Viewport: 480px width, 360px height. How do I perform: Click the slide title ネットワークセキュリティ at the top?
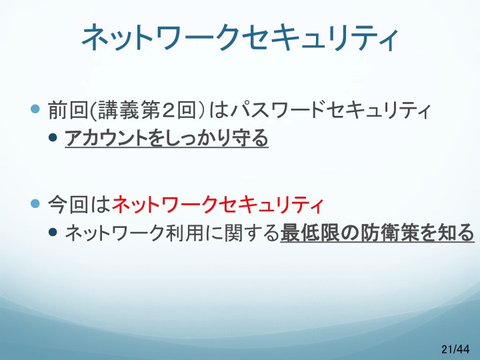pyautogui.click(x=240, y=37)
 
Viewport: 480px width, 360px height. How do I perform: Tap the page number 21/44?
pyautogui.click(x=455, y=349)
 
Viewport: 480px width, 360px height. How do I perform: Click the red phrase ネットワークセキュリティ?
pyautogui.click(x=217, y=204)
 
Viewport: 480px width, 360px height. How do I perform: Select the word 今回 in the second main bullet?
pyautogui.click(x=68, y=204)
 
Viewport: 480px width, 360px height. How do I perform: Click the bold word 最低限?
pyautogui.click(x=310, y=233)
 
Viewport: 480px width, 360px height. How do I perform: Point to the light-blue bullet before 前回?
pyautogui.click(x=35, y=109)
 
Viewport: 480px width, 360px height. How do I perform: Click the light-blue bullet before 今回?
pyautogui.click(x=35, y=203)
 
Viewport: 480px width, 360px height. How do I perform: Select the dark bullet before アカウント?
pyautogui.click(x=53, y=137)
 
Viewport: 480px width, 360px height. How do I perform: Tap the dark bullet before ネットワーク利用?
pyautogui.click(x=53, y=233)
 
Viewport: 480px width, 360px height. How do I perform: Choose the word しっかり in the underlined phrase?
pyautogui.click(x=189, y=138)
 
